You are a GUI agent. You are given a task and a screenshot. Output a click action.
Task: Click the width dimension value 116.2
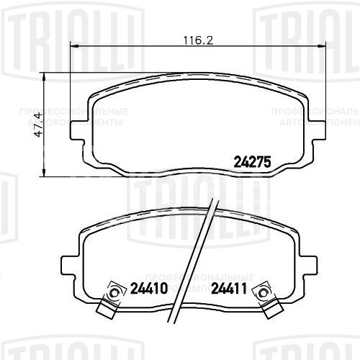[188, 41]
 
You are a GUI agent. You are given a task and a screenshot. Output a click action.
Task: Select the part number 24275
[252, 162]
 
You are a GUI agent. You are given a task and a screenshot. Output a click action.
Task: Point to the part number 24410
[150, 292]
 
